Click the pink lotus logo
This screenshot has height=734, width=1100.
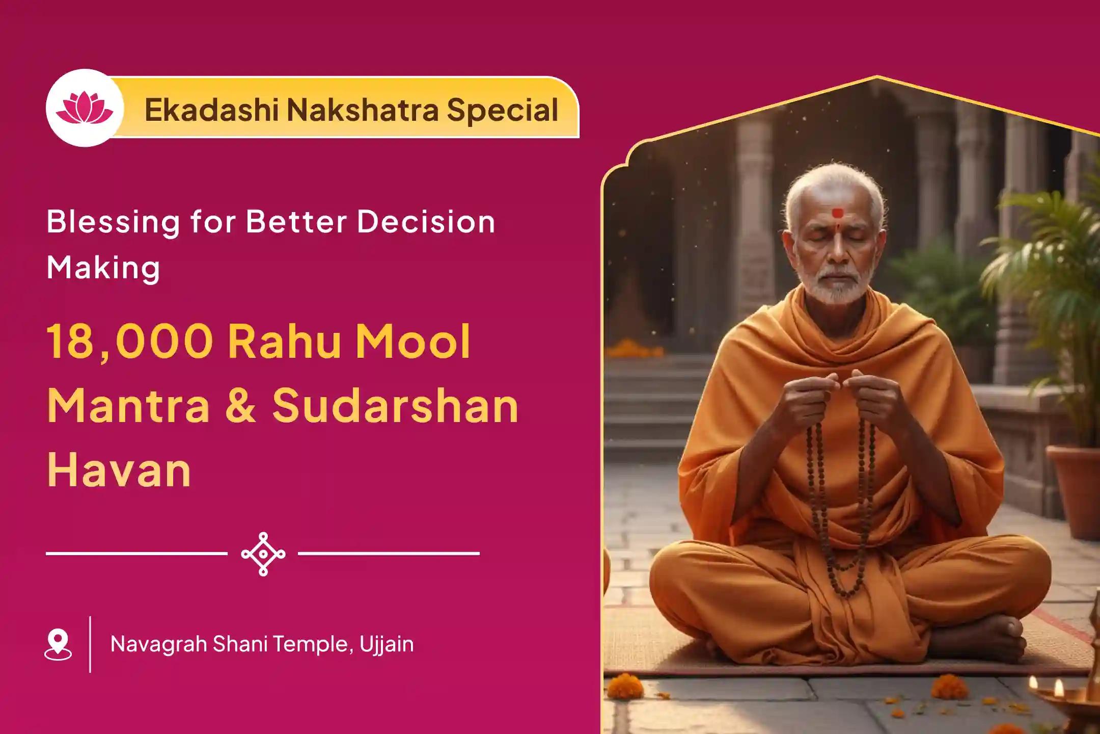pos(85,108)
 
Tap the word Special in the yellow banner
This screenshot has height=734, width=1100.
pos(502,110)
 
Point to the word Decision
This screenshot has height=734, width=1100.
pos(426,222)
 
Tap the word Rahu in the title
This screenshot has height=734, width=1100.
pos(285,342)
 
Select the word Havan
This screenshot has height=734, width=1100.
pos(119,470)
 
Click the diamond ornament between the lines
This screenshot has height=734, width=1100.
pos(263,554)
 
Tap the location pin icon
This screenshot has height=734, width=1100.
pos(58,644)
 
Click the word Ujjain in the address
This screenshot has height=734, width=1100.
pos(387,645)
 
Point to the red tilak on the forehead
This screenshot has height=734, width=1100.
pos(837,213)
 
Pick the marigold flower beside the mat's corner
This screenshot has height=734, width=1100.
pos(625,686)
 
